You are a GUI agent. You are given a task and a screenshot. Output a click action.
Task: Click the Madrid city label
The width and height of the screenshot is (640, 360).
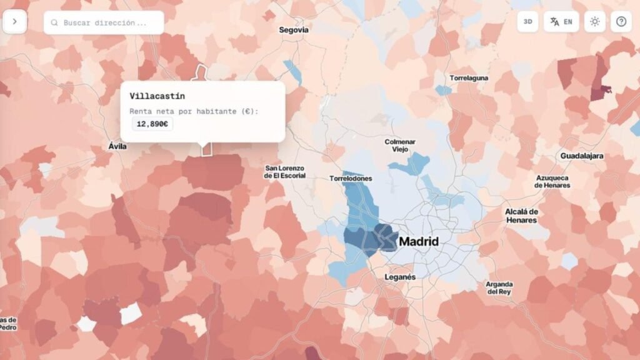[x=419, y=241]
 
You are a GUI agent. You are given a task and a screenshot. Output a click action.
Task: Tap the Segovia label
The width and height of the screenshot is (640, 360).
[x=294, y=29]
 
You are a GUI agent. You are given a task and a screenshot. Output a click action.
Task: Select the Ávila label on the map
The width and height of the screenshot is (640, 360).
[x=117, y=146]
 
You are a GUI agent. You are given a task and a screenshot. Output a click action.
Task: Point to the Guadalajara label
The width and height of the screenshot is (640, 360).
[x=582, y=156]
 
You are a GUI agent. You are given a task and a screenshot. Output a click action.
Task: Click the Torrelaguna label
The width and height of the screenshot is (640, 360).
[x=469, y=78]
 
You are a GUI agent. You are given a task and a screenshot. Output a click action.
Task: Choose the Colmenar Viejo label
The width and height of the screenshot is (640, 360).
[x=400, y=146]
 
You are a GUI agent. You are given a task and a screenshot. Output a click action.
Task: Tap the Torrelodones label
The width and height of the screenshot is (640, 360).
[x=351, y=179]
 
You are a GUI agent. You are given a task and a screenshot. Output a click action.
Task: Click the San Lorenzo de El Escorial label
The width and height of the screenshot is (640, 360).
[x=285, y=172]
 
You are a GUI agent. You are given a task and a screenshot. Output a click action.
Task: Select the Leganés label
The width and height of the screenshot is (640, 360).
[x=400, y=277]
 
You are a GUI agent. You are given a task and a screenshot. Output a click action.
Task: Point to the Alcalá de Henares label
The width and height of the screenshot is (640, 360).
[x=521, y=216]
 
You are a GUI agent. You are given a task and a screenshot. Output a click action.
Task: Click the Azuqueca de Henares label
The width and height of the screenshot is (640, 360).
[x=552, y=181]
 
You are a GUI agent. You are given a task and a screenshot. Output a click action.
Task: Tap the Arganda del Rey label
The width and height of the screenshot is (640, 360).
[x=499, y=287]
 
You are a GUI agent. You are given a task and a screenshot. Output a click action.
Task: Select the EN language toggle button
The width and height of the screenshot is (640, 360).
[x=561, y=21]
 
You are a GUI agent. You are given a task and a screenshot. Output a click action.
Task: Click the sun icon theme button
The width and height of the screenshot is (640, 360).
[x=594, y=21]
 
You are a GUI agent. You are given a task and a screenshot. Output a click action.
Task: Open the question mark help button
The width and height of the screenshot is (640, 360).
[x=621, y=21]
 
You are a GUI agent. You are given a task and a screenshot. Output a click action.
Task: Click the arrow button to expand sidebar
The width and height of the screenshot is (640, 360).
[x=14, y=21]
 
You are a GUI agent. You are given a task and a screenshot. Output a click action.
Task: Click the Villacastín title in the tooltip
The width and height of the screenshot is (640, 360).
[x=157, y=96]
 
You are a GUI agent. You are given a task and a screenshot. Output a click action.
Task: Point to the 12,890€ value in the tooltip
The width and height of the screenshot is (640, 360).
[x=152, y=124]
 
